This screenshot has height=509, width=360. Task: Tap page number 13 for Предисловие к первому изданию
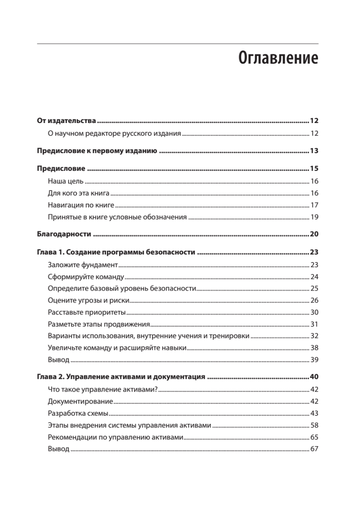coord(314,151)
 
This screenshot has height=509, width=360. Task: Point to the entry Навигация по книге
coord(81,205)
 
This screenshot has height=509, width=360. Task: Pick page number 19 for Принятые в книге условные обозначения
coord(314,218)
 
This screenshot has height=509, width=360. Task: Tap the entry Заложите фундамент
coord(82,265)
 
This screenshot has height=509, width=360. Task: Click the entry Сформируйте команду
coord(86,277)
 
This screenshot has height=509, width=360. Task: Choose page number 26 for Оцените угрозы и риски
coord(314,301)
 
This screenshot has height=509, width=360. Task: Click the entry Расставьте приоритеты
coord(87,313)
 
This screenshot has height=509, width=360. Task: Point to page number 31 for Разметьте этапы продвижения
coord(314,324)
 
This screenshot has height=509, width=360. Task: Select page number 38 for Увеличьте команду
coord(314,348)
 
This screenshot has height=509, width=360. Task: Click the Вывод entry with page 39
coord(59,360)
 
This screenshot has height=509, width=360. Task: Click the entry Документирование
coord(80,401)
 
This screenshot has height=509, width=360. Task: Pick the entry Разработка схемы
coord(78,413)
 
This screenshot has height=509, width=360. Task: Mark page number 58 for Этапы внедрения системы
coord(314,425)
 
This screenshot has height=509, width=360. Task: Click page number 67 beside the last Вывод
coord(314,449)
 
